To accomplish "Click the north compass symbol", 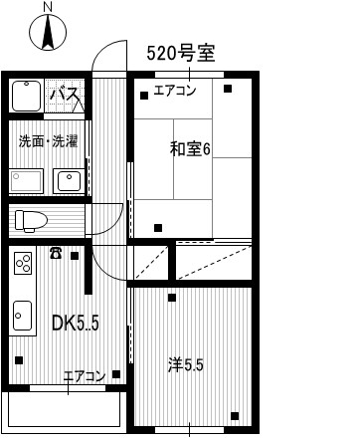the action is coord(48,33).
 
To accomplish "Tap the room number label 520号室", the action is coord(181,54).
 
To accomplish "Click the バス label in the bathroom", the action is coord(65,94).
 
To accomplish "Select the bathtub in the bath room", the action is coord(27,96).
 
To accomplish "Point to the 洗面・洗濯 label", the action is coord(49,141).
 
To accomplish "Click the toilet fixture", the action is coord(31,220).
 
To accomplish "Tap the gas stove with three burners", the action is coord(23,263).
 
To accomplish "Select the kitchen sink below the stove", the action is coord(23,316).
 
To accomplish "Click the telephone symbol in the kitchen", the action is coord(56,253).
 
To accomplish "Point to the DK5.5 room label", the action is coord(76,323).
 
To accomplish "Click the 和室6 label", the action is coord(190,149).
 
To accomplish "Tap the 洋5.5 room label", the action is coord(185,365).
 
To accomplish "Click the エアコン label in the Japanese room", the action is coord(175,91).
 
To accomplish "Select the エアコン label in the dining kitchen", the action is coord(85,376).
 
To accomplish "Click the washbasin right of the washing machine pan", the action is coord(69,181).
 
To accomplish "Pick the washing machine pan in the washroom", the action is coord(27,181).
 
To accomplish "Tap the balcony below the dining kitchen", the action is coord(65,412).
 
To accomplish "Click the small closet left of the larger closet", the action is coord(151,263).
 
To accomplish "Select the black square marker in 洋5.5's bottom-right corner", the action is coord(235,416).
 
